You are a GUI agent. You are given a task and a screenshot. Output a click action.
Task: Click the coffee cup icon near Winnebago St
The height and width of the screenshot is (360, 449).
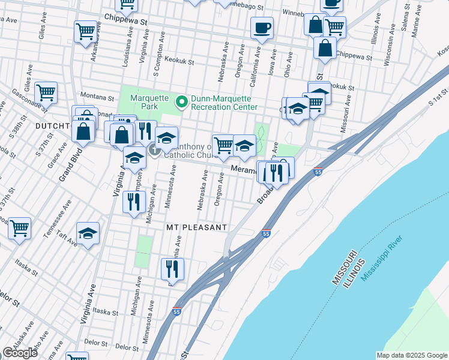262,28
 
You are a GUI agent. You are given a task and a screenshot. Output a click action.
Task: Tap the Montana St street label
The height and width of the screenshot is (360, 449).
97,97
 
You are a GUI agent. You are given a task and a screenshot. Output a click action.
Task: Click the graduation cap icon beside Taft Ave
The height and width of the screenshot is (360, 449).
88,234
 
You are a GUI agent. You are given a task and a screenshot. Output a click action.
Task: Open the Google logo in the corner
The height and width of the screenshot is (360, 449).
20,353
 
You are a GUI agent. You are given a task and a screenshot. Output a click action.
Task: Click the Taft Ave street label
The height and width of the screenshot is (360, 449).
68,240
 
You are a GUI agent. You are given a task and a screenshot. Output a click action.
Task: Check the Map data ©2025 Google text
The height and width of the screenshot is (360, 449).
411,355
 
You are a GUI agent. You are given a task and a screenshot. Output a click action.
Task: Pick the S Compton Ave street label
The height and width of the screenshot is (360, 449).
158,58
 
